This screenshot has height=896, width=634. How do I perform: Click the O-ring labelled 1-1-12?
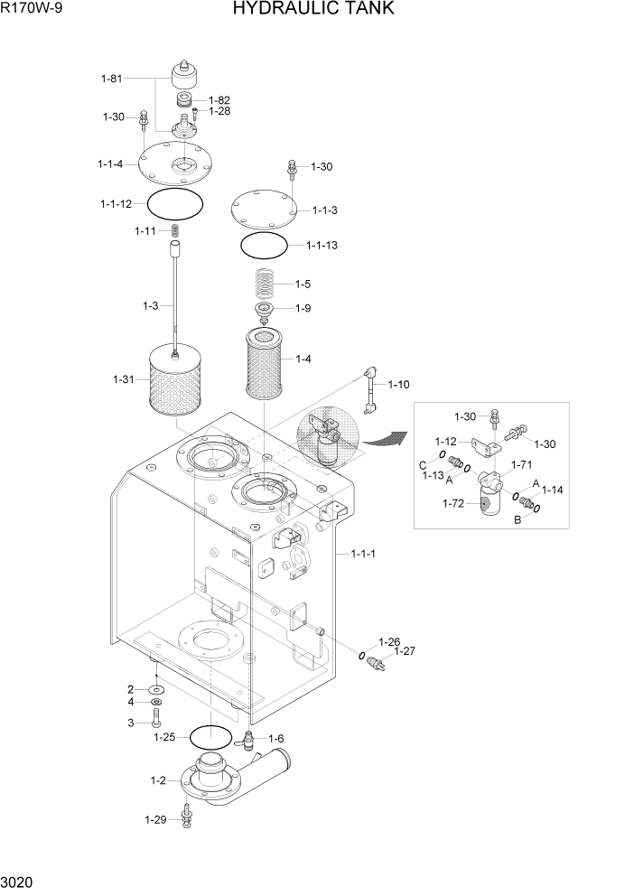point(175,204)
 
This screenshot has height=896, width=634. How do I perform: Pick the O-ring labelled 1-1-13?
point(264,245)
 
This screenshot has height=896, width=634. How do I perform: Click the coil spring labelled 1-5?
point(264,285)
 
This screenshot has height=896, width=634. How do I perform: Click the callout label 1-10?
point(398,385)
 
